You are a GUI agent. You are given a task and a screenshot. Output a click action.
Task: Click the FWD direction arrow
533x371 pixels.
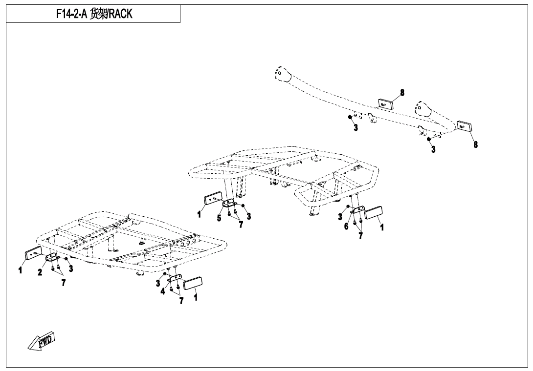[41, 341]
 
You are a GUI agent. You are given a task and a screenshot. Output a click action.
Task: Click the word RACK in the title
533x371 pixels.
[120, 14]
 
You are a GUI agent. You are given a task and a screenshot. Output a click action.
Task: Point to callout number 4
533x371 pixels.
[163, 291]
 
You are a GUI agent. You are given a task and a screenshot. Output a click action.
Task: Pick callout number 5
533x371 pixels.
[219, 218]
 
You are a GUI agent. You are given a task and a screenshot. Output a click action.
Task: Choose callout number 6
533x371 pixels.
[346, 227]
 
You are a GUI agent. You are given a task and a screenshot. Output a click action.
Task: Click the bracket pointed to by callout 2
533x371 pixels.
[52, 258]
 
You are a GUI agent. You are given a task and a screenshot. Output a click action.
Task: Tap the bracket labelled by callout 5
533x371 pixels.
[229, 204]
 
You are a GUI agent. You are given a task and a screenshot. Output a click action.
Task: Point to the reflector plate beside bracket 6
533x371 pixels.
[374, 213]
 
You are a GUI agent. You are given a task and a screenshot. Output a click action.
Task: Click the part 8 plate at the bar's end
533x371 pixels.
[464, 126]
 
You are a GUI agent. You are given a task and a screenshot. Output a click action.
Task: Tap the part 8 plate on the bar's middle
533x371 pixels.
[385, 103]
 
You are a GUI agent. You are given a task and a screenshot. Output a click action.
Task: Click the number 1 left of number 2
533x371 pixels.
[20, 269]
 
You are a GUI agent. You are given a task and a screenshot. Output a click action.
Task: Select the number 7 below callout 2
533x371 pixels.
[63, 283]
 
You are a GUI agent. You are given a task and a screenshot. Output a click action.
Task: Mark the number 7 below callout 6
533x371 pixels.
[360, 236]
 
